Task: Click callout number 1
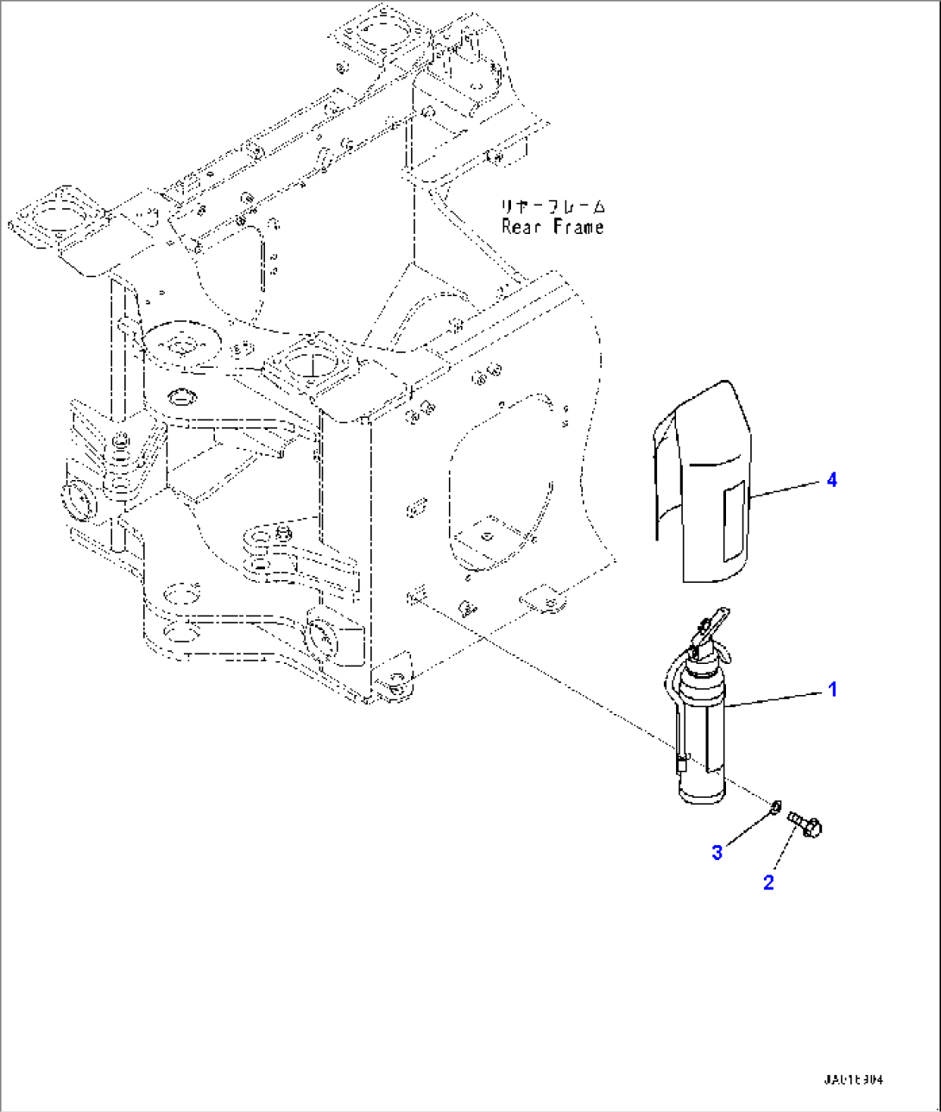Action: (832, 690)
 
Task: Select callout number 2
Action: (768, 881)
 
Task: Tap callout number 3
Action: (717, 852)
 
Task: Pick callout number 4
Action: (831, 480)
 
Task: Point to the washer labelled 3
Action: (775, 807)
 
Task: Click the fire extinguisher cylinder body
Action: (704, 742)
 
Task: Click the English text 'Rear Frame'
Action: (553, 227)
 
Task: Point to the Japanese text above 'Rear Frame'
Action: (553, 207)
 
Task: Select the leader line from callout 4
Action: (786, 489)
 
